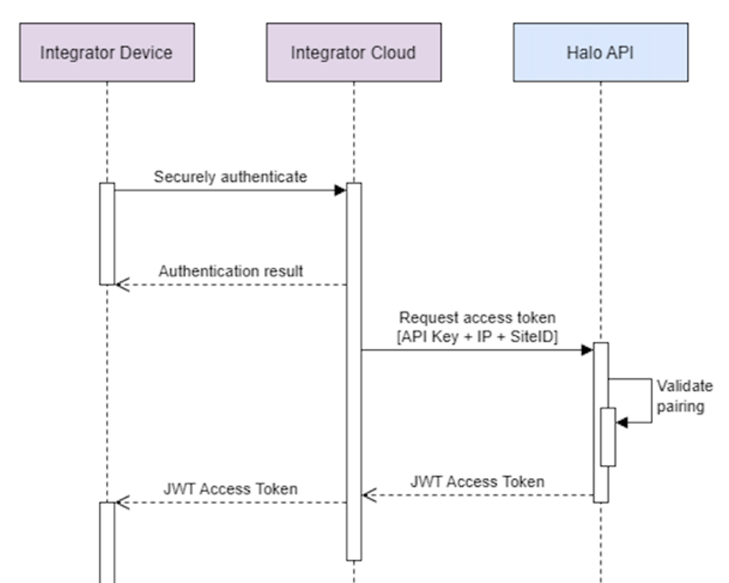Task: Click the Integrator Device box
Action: click(x=107, y=53)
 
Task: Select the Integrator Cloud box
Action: click(x=353, y=53)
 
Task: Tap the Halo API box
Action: click(x=600, y=53)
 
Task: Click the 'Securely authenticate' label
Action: click(x=230, y=177)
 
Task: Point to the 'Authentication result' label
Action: click(x=231, y=271)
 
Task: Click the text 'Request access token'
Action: click(x=477, y=318)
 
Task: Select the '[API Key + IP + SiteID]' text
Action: click(x=477, y=337)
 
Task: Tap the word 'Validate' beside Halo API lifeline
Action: click(x=684, y=386)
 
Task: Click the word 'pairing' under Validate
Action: click(x=680, y=407)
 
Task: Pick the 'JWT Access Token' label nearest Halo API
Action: click(x=477, y=482)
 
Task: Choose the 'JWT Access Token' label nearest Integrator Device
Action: click(x=230, y=489)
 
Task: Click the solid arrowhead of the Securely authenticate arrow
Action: click(x=340, y=190)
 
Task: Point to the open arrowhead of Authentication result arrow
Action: click(x=121, y=285)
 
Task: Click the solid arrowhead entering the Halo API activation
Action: click(x=587, y=350)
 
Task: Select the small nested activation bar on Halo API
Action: click(x=608, y=437)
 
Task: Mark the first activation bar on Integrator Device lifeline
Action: click(x=107, y=234)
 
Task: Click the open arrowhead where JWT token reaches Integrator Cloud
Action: click(x=369, y=495)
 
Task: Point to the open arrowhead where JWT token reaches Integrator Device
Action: click(x=121, y=503)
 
